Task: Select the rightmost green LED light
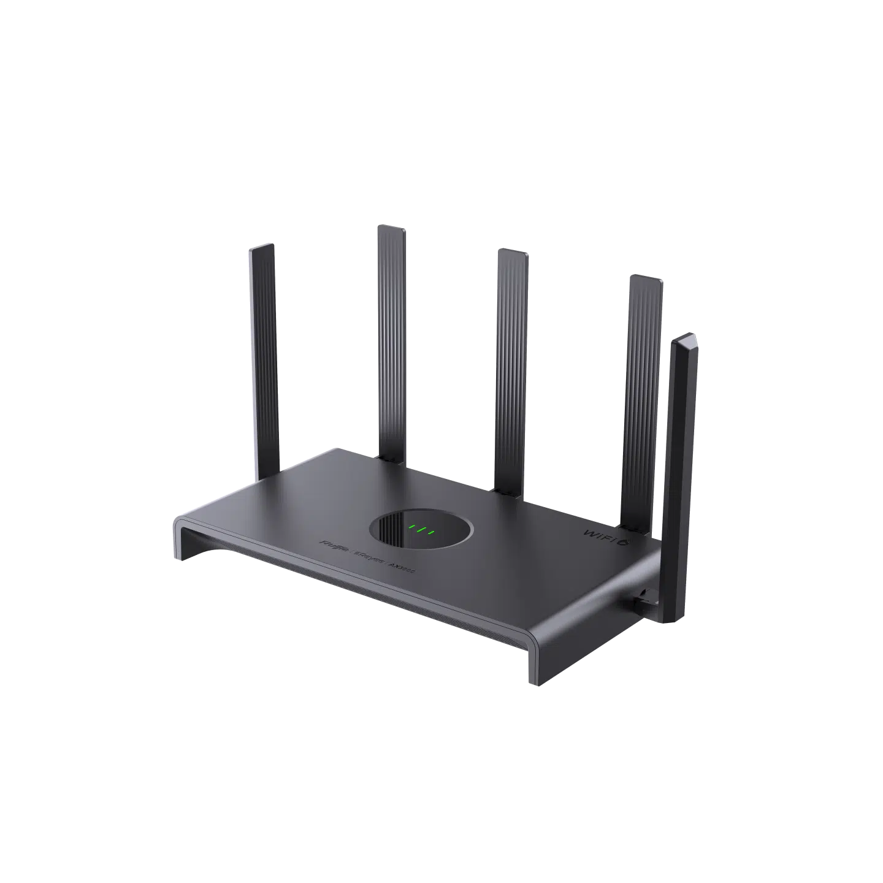click(x=432, y=532)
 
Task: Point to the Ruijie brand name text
click(x=333, y=545)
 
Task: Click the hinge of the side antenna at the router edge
click(x=644, y=598)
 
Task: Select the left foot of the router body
click(x=183, y=540)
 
